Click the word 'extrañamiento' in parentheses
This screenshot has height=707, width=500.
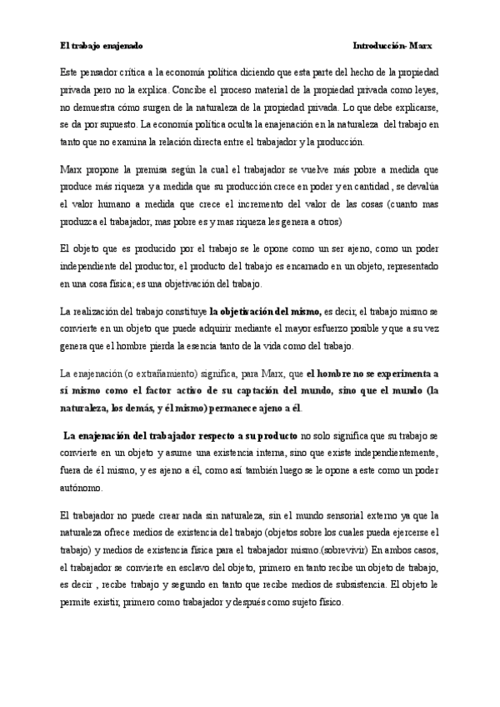[x=157, y=374]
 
